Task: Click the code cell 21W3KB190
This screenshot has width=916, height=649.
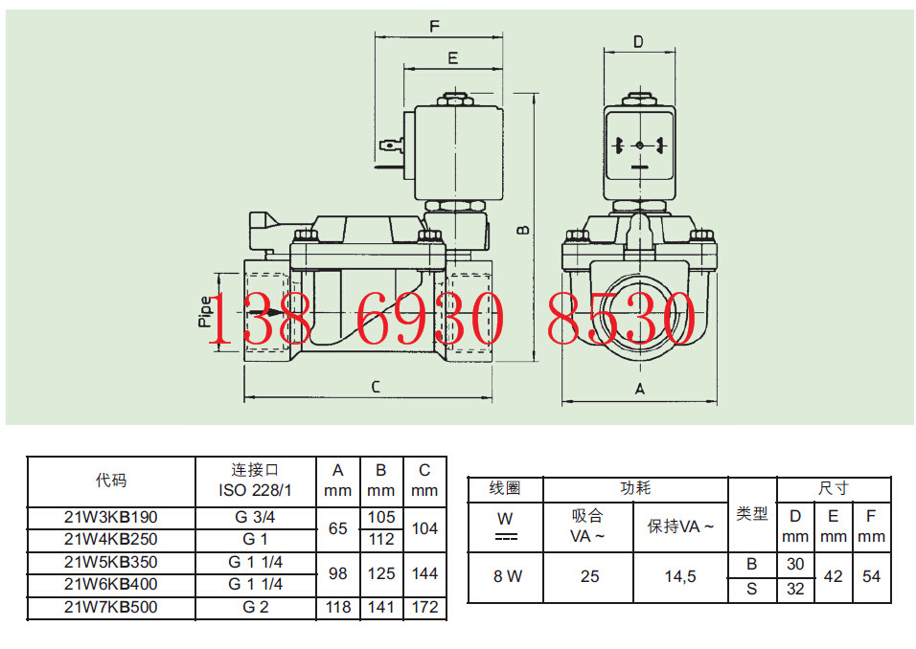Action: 111,517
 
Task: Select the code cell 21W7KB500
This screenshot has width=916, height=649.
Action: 111,607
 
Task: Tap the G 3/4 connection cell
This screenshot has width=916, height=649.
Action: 255,517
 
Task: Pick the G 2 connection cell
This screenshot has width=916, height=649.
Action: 255,607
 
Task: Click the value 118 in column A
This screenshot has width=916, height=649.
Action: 338,607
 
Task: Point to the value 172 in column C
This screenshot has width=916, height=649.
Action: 424,607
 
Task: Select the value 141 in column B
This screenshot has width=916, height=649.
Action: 381,607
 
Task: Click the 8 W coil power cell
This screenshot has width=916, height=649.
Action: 507,576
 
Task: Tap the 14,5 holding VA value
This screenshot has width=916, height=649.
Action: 680,576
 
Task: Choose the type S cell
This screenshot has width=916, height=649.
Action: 752,590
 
